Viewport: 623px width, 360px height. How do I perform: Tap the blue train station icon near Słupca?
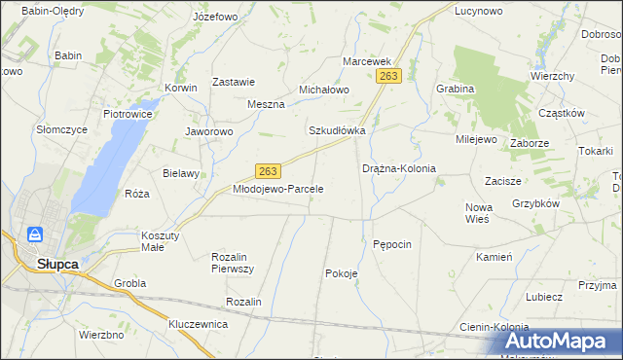(x=34, y=235)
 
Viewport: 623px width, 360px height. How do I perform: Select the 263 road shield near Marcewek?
(x=390, y=76)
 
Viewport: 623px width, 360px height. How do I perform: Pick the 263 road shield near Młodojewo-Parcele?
(x=270, y=170)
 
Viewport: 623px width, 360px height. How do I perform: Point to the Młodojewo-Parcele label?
(x=277, y=189)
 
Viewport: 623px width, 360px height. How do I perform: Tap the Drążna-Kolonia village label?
(x=399, y=168)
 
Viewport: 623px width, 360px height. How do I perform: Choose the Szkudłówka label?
(x=337, y=129)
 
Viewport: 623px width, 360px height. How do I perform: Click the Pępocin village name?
(x=393, y=243)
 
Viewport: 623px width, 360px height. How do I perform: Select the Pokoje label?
(x=342, y=273)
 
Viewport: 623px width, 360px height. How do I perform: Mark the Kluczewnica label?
(x=198, y=323)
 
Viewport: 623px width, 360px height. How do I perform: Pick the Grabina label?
(x=456, y=89)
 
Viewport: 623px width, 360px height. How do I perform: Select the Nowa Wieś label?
(x=479, y=212)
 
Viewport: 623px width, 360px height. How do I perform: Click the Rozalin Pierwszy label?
(x=233, y=262)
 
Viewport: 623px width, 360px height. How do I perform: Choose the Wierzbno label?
(x=101, y=334)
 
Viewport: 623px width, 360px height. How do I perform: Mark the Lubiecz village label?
(x=544, y=297)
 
